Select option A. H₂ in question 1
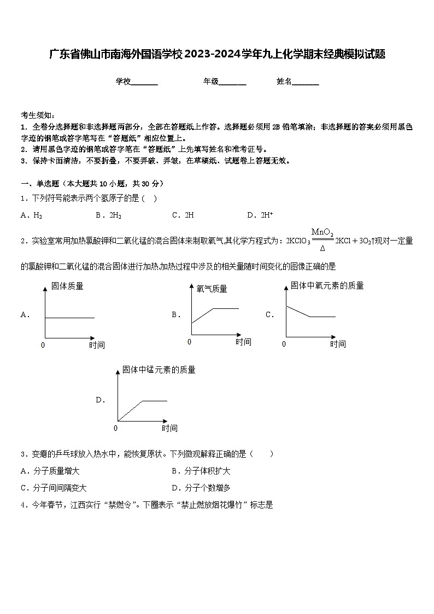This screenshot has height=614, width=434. click(31, 215)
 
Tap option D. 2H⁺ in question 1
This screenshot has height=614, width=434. click(260, 215)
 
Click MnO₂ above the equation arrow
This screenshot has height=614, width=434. click(322, 232)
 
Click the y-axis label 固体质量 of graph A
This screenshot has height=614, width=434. click(67, 286)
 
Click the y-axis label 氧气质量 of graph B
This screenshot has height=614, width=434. click(212, 289)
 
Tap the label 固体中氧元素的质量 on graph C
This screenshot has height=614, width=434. click(327, 285)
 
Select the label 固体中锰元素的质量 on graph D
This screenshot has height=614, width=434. click(159, 370)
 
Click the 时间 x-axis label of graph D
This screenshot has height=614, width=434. click(169, 428)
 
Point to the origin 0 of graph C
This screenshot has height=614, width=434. click(284, 344)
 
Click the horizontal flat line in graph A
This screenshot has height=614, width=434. click(69, 318)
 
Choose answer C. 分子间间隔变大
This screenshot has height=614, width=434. click(53, 488)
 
